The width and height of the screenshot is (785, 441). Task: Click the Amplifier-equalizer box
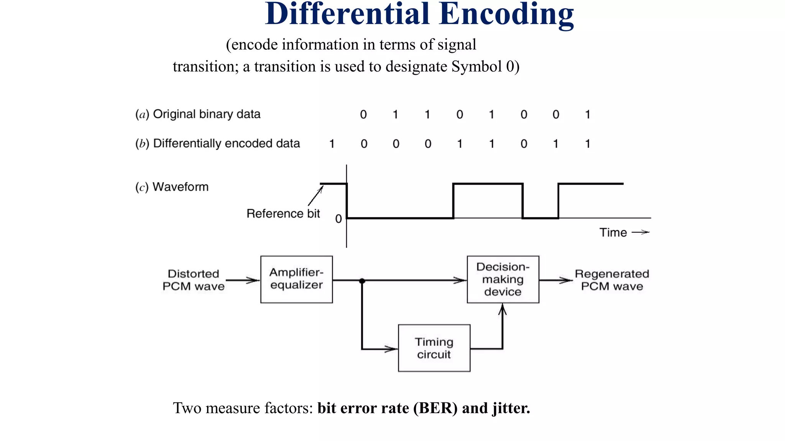point(296,279)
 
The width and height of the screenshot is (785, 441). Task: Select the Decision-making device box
point(503,279)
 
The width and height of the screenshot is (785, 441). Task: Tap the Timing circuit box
point(434,348)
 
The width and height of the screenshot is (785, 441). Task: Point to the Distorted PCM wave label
point(194,280)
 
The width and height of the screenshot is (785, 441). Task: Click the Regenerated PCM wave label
point(612,280)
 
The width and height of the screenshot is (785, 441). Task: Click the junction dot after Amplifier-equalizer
point(362,281)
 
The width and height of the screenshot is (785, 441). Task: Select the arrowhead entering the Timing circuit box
point(392,349)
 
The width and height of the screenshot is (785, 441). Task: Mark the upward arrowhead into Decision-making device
point(503,309)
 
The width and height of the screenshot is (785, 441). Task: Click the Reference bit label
point(283,214)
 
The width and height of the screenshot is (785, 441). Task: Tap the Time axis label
point(613,232)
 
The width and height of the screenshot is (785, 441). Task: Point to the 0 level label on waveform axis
point(338,219)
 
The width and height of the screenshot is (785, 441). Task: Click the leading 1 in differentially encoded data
point(332,144)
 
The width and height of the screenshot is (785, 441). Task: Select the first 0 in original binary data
point(363,114)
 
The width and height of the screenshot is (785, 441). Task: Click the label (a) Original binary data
point(198,114)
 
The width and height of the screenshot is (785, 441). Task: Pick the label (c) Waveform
point(172,187)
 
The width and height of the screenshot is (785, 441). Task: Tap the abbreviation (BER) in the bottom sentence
point(435,408)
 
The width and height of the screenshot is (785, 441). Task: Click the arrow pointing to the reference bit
point(315,196)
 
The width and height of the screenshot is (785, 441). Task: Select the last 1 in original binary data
point(588,114)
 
